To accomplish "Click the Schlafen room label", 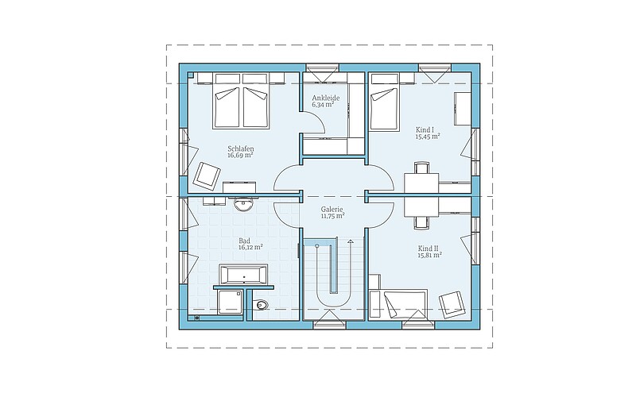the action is pyautogui.click(x=241, y=148).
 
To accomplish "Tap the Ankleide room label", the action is pyautogui.click(x=326, y=98).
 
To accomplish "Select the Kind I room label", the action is pyautogui.click(x=425, y=130).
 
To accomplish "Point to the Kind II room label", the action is pyautogui.click(x=428, y=249).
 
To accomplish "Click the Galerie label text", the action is pyautogui.click(x=332, y=210).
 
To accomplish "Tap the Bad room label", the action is pyautogui.click(x=245, y=241).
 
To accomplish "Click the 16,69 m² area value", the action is pyautogui.click(x=241, y=155).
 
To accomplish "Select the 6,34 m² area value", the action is pyautogui.click(x=323, y=105).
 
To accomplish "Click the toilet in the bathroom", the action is pyautogui.click(x=261, y=305).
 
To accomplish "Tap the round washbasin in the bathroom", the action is pyautogui.click(x=243, y=205).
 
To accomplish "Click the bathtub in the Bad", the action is pyautogui.click(x=243, y=275).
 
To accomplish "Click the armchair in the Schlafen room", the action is pyautogui.click(x=207, y=175).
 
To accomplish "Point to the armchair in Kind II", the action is pyautogui.click(x=452, y=304).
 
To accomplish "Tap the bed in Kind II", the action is pyautogui.click(x=398, y=304).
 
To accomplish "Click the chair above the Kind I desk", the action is pyautogui.click(x=422, y=168).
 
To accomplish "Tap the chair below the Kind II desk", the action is pyautogui.click(x=422, y=222).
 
